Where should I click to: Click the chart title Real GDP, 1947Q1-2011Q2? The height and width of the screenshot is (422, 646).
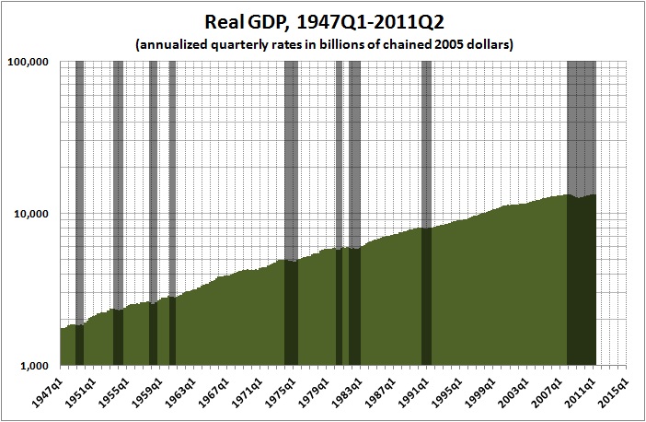322,21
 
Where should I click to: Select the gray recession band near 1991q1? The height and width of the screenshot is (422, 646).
426,138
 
